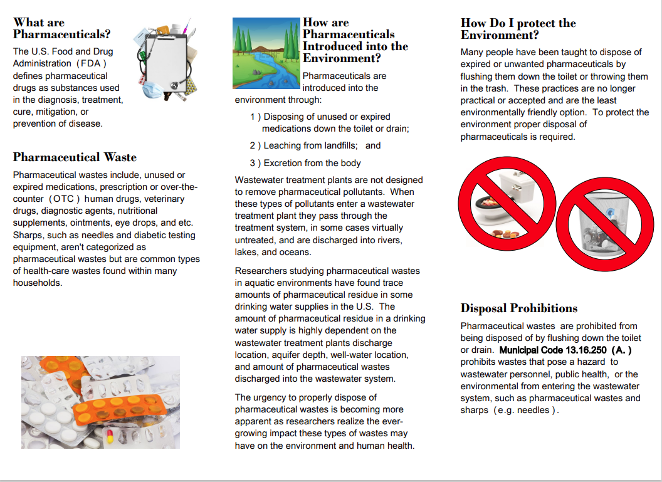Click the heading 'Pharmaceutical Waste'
75,157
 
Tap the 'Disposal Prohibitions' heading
519,308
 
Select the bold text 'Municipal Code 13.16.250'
554,350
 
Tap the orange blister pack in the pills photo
118,404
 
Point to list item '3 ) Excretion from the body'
305,163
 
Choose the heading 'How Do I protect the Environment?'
518,29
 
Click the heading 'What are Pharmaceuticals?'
61,29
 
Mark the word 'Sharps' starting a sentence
27,236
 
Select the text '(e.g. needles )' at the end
526,411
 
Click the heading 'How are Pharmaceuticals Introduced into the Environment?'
355,40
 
